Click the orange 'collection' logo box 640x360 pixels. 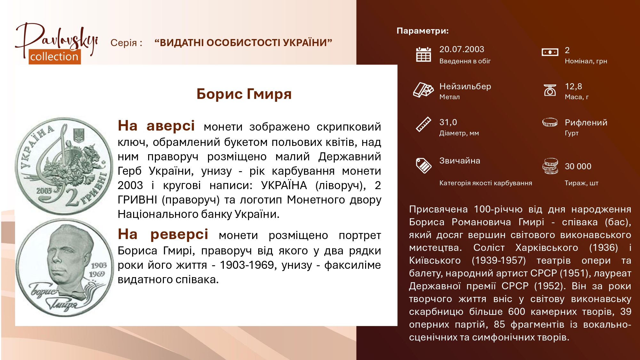pyautogui.click(x=55, y=57)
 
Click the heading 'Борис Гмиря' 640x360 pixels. pyautogui.click(x=244, y=94)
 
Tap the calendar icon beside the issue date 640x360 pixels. pyautogui.click(x=423, y=54)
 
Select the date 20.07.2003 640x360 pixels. pyautogui.click(x=461, y=49)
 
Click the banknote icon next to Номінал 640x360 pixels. pyautogui.click(x=550, y=52)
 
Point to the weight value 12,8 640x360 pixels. pyautogui.click(x=573, y=86)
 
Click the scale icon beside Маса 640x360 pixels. pyautogui.click(x=550, y=90)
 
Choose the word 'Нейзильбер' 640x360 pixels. pyautogui.click(x=465, y=86)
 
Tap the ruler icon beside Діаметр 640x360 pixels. pyautogui.click(x=423, y=124)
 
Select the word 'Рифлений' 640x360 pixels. pyautogui.click(x=586, y=123)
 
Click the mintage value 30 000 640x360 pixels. pyautogui.click(x=578, y=166)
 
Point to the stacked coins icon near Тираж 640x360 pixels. pyautogui.click(x=550, y=166)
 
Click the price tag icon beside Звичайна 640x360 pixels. pyautogui.click(x=423, y=165)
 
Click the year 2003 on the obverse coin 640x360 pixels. pyautogui.click(x=44, y=191)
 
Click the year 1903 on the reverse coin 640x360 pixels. pyautogui.click(x=99, y=265)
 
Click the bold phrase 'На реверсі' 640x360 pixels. pyautogui.click(x=163, y=234)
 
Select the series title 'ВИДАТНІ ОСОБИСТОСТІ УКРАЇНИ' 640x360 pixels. pyautogui.click(x=243, y=43)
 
